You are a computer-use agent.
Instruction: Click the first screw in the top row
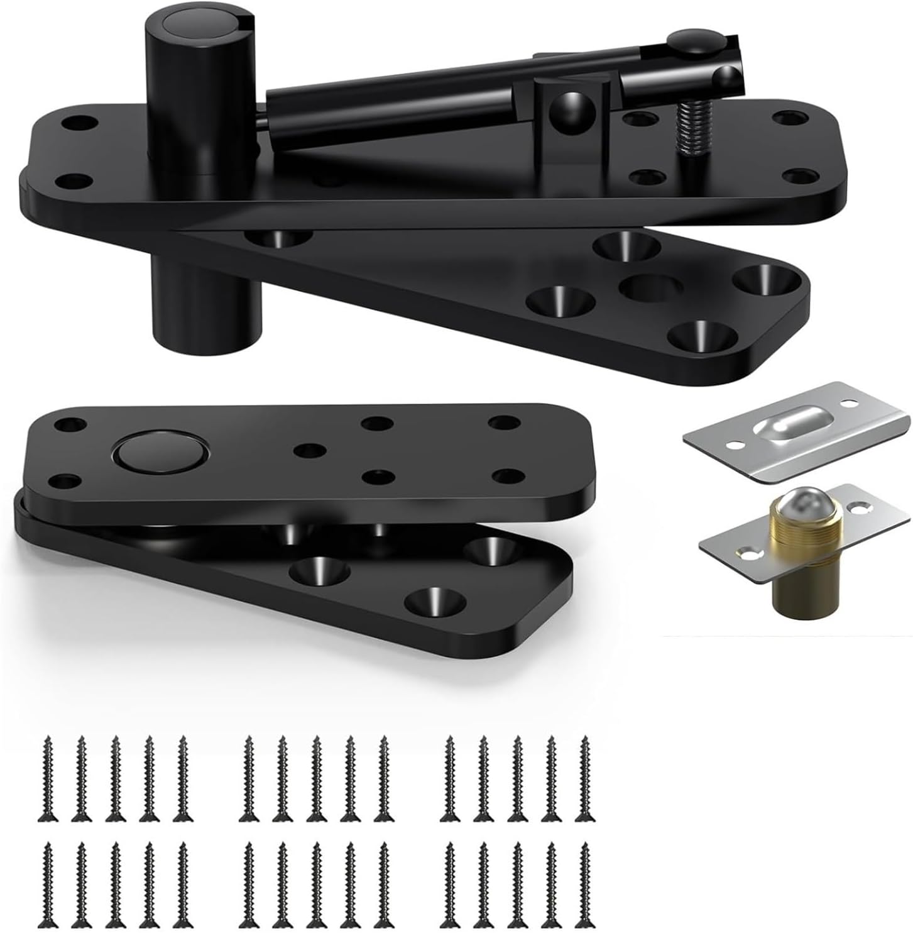[x=48, y=780]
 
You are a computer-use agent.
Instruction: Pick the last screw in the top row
[x=586, y=780]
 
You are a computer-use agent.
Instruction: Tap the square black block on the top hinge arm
[x=572, y=107]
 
